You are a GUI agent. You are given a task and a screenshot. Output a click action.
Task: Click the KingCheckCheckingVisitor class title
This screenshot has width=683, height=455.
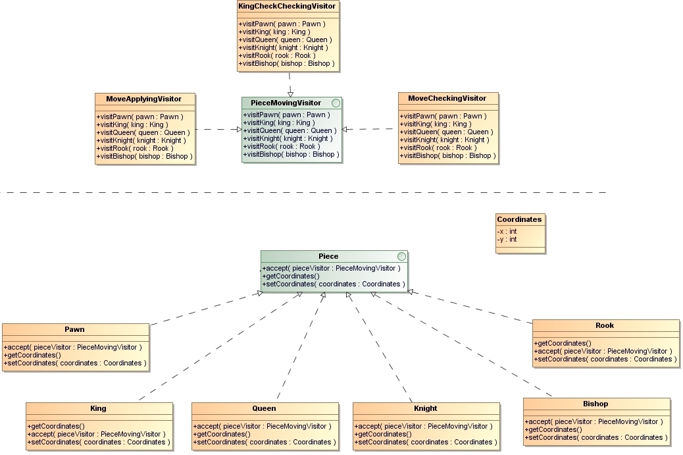click(287, 7)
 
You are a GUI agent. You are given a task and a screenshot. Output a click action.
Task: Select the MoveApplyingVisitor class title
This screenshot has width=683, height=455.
click(143, 99)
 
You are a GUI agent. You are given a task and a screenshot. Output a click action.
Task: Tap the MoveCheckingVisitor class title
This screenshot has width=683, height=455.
click(447, 98)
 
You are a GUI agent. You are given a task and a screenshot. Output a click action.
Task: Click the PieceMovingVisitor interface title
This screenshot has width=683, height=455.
click(286, 103)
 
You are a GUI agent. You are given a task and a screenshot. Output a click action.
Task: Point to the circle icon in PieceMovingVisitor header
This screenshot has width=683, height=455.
click(336, 103)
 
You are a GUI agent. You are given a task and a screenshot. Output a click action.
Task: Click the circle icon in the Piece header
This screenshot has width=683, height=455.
click(401, 256)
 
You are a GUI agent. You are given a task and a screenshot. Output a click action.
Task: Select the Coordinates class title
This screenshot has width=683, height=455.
click(519, 219)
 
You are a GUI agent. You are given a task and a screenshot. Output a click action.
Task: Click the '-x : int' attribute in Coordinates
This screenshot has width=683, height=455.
click(507, 231)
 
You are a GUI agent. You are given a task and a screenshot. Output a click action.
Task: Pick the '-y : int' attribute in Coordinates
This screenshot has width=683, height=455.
click(507, 239)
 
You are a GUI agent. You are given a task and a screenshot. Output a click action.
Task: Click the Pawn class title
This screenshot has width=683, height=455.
click(74, 329)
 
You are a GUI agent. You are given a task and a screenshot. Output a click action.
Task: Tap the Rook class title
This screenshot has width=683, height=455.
click(605, 325)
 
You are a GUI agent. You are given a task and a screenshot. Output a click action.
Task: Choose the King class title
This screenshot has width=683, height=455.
click(98, 408)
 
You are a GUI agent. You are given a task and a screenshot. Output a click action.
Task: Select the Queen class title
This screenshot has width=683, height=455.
click(264, 408)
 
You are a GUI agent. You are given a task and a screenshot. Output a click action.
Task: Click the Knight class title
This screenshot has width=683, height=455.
click(425, 408)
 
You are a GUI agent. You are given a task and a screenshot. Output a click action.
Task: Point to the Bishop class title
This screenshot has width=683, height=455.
click(595, 404)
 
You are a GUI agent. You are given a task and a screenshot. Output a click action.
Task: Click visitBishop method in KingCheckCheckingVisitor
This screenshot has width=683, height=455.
click(287, 64)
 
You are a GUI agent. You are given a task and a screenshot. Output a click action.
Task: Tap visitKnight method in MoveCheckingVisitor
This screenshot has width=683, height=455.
click(444, 140)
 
